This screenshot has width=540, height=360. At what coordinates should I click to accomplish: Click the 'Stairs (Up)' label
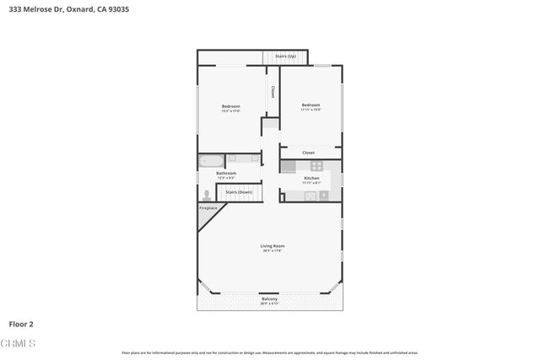(x=285, y=56)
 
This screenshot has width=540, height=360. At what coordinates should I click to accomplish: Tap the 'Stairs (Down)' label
(x=238, y=192)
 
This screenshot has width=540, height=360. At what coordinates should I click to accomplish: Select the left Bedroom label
(x=231, y=106)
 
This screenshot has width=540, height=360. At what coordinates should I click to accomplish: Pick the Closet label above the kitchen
(x=309, y=153)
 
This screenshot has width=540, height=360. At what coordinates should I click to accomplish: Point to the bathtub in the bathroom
(x=211, y=160)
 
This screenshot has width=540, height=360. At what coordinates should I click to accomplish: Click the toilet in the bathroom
(x=206, y=193)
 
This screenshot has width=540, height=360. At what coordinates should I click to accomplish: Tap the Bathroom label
(x=226, y=174)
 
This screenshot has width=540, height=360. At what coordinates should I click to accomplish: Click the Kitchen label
(x=311, y=179)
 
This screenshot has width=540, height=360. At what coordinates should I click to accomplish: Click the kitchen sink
(x=310, y=196)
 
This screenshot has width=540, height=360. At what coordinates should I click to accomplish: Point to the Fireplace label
(x=208, y=207)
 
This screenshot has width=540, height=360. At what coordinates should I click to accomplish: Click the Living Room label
(x=272, y=246)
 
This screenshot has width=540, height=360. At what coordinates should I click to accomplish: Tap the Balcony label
(x=269, y=299)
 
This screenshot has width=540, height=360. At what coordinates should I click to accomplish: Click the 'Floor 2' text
(x=21, y=324)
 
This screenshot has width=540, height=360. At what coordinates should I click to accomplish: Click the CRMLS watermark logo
(x=19, y=344)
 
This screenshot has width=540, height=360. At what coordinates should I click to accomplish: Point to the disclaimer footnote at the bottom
(x=269, y=352)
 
